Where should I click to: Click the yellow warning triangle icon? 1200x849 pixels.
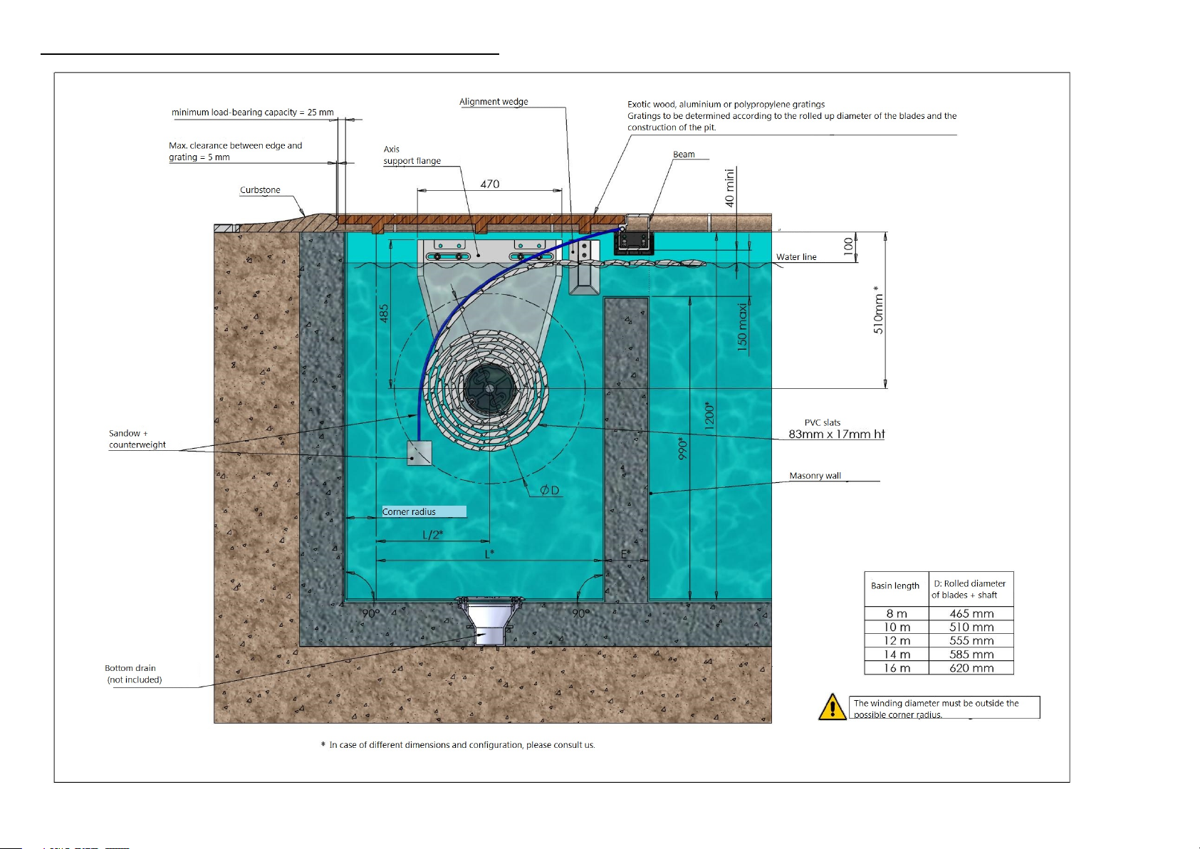click(x=832, y=707)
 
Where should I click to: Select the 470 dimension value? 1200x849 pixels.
click(x=490, y=184)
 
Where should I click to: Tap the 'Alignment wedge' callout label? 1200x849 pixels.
click(x=494, y=102)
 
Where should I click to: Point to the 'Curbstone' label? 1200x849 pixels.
click(x=260, y=190)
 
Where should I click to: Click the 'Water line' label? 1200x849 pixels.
click(x=796, y=257)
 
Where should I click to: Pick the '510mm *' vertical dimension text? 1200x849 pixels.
click(x=878, y=310)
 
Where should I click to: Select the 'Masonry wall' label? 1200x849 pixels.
click(x=815, y=476)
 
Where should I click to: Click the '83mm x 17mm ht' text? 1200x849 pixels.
click(x=836, y=434)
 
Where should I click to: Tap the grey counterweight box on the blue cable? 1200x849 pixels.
click(x=419, y=453)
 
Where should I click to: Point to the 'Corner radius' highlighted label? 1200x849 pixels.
click(x=424, y=511)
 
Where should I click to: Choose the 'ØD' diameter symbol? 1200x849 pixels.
click(x=550, y=490)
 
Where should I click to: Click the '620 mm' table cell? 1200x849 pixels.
click(x=971, y=668)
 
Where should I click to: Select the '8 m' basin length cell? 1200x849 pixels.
click(x=896, y=613)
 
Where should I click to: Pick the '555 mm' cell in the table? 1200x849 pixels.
click(x=971, y=640)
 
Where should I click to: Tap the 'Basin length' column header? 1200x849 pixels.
click(x=895, y=585)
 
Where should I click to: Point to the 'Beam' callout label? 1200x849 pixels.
click(x=684, y=155)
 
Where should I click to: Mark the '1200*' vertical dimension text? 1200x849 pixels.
click(x=709, y=416)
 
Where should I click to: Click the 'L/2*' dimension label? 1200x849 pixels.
click(x=432, y=534)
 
